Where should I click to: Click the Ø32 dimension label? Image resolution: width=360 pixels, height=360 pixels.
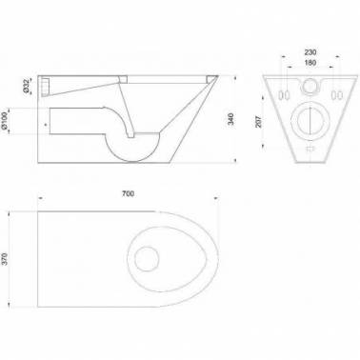(27, 86)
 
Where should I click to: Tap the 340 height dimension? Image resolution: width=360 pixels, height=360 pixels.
(231, 119)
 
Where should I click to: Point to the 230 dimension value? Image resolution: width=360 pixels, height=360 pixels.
(310, 52)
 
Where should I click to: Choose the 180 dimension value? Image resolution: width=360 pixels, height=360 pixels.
(310, 63)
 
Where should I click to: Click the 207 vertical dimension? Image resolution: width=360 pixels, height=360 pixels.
(259, 122)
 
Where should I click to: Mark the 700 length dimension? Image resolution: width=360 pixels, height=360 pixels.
(128, 193)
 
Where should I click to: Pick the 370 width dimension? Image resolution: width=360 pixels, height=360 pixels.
(6, 259)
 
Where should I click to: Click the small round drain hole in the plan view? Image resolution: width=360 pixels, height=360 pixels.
(147, 258)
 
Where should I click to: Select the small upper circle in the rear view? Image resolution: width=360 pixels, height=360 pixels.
(309, 86)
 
